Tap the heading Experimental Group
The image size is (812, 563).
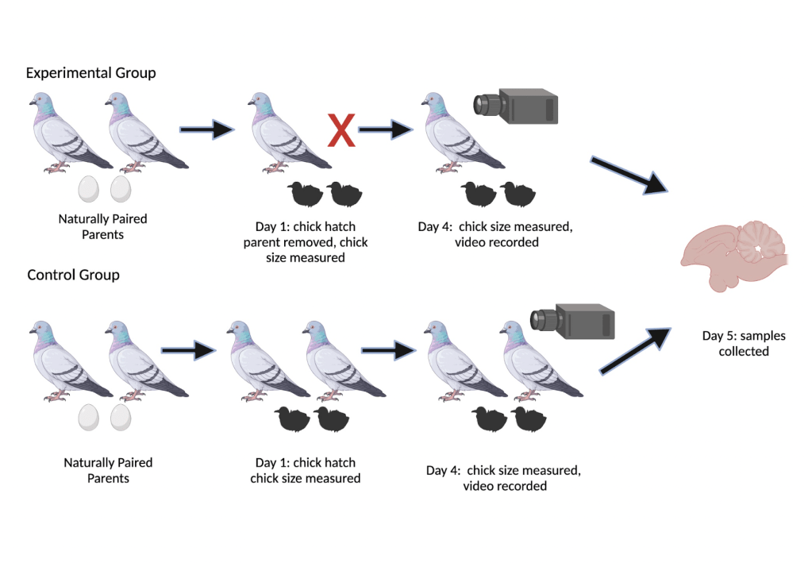point(90,73)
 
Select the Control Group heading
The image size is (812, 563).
point(73,276)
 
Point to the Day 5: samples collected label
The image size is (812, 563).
point(744,343)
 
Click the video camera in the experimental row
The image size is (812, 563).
point(515,106)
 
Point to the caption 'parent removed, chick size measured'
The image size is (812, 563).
point(306,249)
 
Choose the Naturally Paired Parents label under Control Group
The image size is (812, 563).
point(108,470)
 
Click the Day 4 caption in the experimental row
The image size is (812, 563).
point(496,234)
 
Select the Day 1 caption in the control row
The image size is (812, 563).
point(306,470)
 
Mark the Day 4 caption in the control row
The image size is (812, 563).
point(504,477)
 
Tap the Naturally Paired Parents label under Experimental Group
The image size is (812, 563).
point(102,226)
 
